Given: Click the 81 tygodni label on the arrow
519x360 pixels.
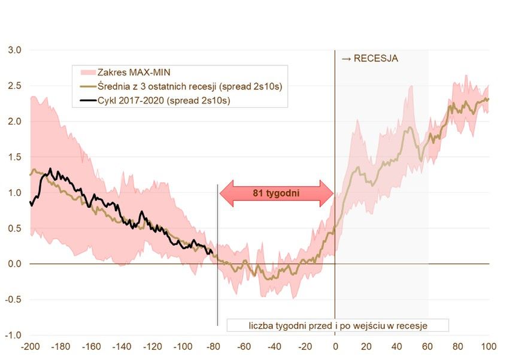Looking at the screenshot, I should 276,193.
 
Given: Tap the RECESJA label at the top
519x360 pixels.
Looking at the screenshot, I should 370,59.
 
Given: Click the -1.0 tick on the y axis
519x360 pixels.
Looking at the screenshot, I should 13,335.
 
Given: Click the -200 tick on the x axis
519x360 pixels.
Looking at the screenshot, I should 30,347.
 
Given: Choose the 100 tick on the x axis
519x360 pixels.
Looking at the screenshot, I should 489,347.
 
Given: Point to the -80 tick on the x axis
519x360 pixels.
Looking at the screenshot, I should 213,347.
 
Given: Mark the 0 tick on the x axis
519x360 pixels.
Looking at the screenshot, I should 335,347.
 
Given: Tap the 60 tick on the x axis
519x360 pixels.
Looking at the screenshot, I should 427,347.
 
